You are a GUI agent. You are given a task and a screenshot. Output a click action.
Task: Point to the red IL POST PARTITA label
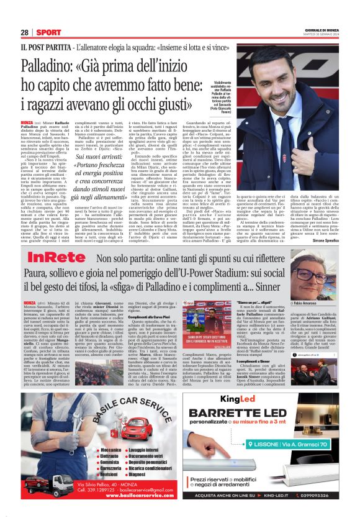[x=44, y=47]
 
